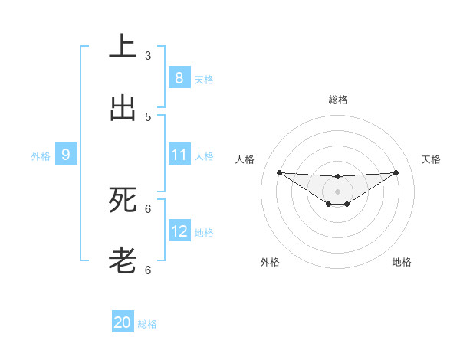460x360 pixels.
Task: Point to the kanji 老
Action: point(123,261)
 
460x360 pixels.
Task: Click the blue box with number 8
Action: point(179,77)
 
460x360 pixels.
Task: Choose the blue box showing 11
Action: point(179,155)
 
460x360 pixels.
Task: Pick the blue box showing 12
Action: point(179,231)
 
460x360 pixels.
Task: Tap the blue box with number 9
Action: point(66,155)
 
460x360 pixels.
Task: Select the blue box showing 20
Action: point(123,322)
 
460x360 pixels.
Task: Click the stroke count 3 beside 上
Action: point(148,55)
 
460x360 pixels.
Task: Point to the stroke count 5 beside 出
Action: point(148,117)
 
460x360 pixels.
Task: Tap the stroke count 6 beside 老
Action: point(148,270)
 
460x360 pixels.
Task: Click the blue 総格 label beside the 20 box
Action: point(147,324)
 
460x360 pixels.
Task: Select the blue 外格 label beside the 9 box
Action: point(41,156)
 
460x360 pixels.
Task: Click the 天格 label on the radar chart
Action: point(432,159)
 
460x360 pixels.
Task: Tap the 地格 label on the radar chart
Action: point(402,262)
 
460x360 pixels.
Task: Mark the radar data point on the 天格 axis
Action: point(396,172)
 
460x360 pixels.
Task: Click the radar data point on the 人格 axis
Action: point(279,172)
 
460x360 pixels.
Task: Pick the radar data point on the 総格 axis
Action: point(337,177)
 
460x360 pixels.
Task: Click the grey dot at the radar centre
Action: point(337,191)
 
